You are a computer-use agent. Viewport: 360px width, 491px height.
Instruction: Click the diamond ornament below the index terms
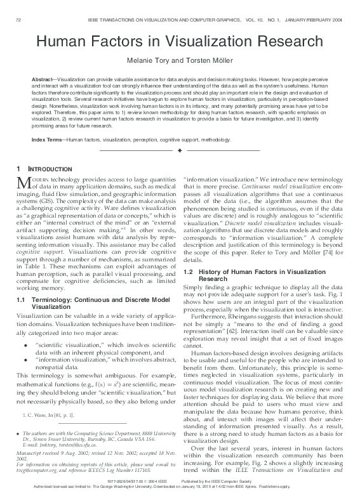(x=180, y=151)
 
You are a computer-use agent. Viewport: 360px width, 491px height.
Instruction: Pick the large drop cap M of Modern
(x=22, y=183)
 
